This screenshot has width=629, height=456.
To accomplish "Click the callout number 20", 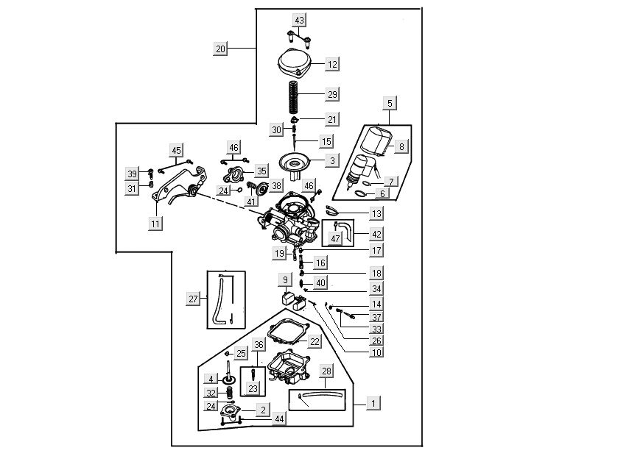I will tap(221, 49).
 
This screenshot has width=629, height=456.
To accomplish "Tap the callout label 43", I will tap(299, 20).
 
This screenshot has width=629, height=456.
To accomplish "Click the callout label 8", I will tap(401, 146).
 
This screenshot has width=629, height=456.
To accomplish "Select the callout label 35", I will tap(261, 171).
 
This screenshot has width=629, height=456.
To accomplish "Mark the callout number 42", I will tap(376, 234).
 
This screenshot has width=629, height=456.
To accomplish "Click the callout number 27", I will tap(194, 299).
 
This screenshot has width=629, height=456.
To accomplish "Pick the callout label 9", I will tap(284, 279).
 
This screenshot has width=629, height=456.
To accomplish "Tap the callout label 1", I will tap(373, 403).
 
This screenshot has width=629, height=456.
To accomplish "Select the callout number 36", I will tap(259, 344).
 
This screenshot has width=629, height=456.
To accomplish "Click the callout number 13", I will tap(376, 213).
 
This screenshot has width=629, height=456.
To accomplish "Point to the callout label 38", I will tap(276, 185).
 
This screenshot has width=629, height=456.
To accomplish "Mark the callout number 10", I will tap(376, 353).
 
